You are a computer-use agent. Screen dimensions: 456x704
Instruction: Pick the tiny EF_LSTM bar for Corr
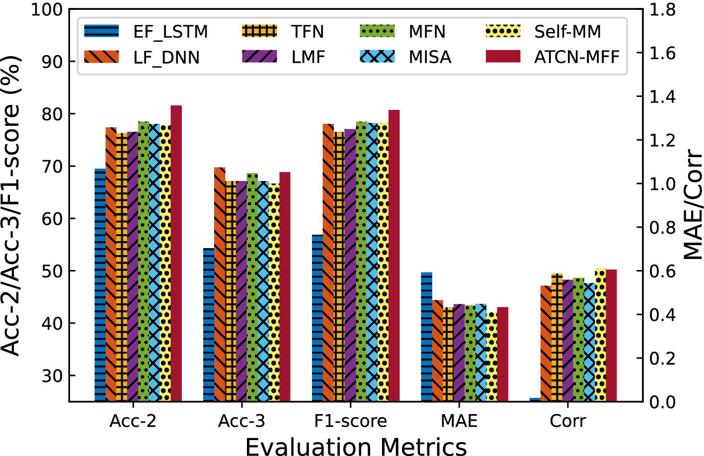[x=535, y=399]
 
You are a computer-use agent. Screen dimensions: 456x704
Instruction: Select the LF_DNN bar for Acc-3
[x=220, y=284]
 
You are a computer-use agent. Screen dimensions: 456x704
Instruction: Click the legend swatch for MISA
[x=377, y=57]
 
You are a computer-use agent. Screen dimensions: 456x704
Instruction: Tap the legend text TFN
[x=308, y=32]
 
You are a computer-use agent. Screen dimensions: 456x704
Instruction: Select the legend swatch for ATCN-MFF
[x=503, y=57]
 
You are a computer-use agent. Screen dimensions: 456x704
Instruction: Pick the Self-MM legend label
[x=567, y=32]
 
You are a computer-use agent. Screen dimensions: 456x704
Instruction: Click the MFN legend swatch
[x=377, y=31]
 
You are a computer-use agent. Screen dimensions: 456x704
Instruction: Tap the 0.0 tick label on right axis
[x=663, y=401]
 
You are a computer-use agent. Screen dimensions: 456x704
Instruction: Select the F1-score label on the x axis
[x=350, y=421]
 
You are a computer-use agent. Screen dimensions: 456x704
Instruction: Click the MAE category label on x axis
[x=459, y=421]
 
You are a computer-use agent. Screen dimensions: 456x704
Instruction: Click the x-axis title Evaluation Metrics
[x=356, y=446]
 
